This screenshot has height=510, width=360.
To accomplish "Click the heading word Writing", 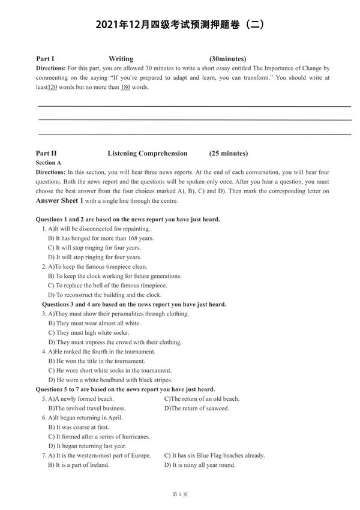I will point(121,59).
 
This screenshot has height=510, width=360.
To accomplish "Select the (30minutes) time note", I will point(228,59).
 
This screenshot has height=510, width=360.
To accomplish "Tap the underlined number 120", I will point(52,87).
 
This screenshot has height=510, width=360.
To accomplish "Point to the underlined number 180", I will point(125,87).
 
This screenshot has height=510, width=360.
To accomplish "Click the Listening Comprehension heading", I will point(147,153).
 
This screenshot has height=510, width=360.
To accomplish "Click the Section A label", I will point(49,163).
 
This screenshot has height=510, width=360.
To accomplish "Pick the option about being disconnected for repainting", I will point(99,229).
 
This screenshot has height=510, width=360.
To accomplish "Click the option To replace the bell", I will point(107,286).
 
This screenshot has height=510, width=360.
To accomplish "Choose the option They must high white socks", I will point(92,332).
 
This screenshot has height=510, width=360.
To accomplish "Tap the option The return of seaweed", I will point(197,408).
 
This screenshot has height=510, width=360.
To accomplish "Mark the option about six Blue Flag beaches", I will point(214,455).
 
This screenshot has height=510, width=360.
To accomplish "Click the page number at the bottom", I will point(180,494).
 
